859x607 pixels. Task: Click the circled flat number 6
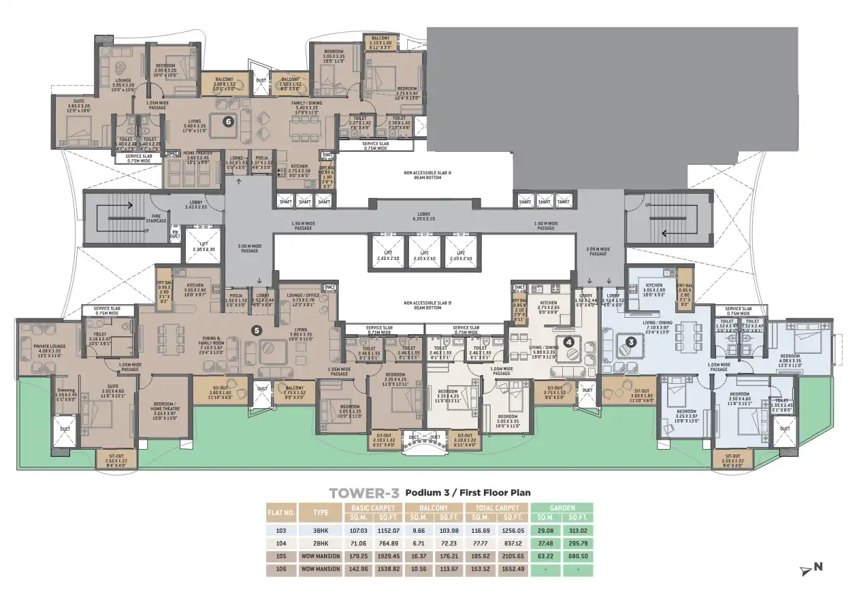pos(229,122)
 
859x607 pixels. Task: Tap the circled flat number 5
pos(257,331)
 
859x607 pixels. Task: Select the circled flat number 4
pos(568,342)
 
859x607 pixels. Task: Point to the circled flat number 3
pos(631,342)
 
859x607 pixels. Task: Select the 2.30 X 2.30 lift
pos(202,248)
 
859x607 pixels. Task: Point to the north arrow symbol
pos(812,568)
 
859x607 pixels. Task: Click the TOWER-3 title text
pos(363,493)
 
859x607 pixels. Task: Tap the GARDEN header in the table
pos(562,508)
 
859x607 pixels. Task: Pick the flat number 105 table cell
pos(280,556)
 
